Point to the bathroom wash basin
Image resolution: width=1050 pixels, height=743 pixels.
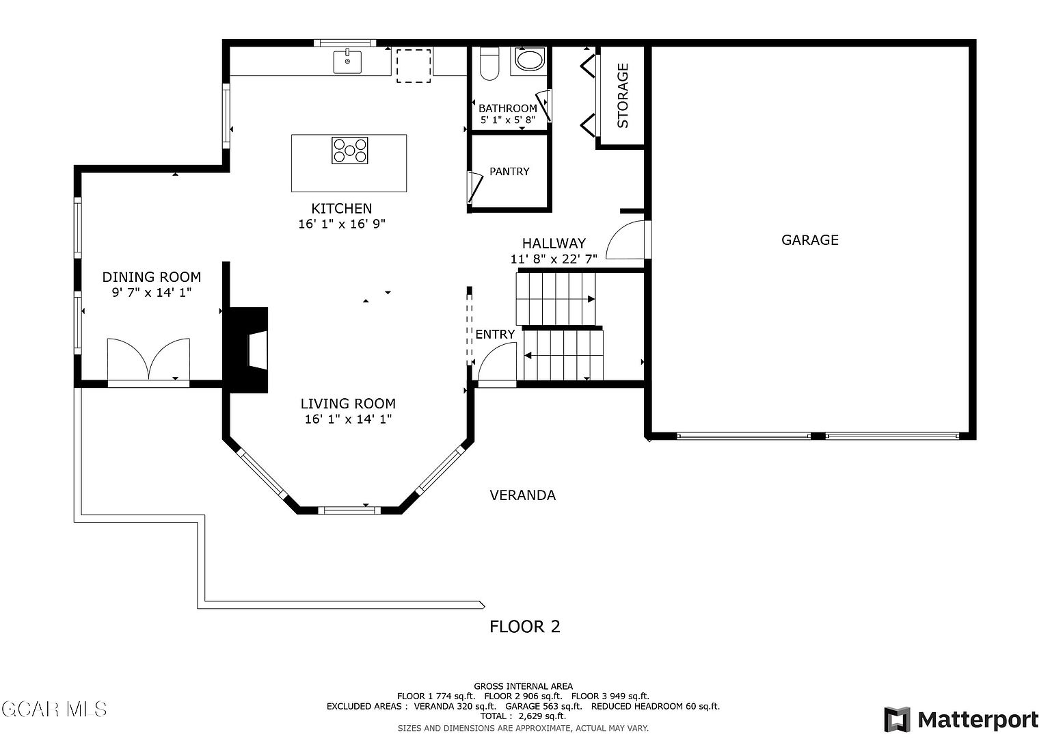click(x=534, y=60)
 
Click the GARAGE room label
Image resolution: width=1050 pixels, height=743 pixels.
click(x=818, y=242)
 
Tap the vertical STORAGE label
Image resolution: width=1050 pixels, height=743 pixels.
click(x=629, y=96)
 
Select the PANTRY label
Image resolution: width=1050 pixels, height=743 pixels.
click(x=515, y=173)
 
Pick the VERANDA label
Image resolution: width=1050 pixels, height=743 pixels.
click(x=528, y=500)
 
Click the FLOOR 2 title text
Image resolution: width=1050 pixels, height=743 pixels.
click(x=530, y=633)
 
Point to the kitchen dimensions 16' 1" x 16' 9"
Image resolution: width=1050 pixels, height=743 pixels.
click(x=345, y=226)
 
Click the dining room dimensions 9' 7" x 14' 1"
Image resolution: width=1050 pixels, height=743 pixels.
click(x=153, y=296)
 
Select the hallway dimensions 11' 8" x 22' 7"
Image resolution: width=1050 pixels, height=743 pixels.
click(x=560, y=261)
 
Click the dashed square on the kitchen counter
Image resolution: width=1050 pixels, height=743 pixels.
click(x=418, y=66)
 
